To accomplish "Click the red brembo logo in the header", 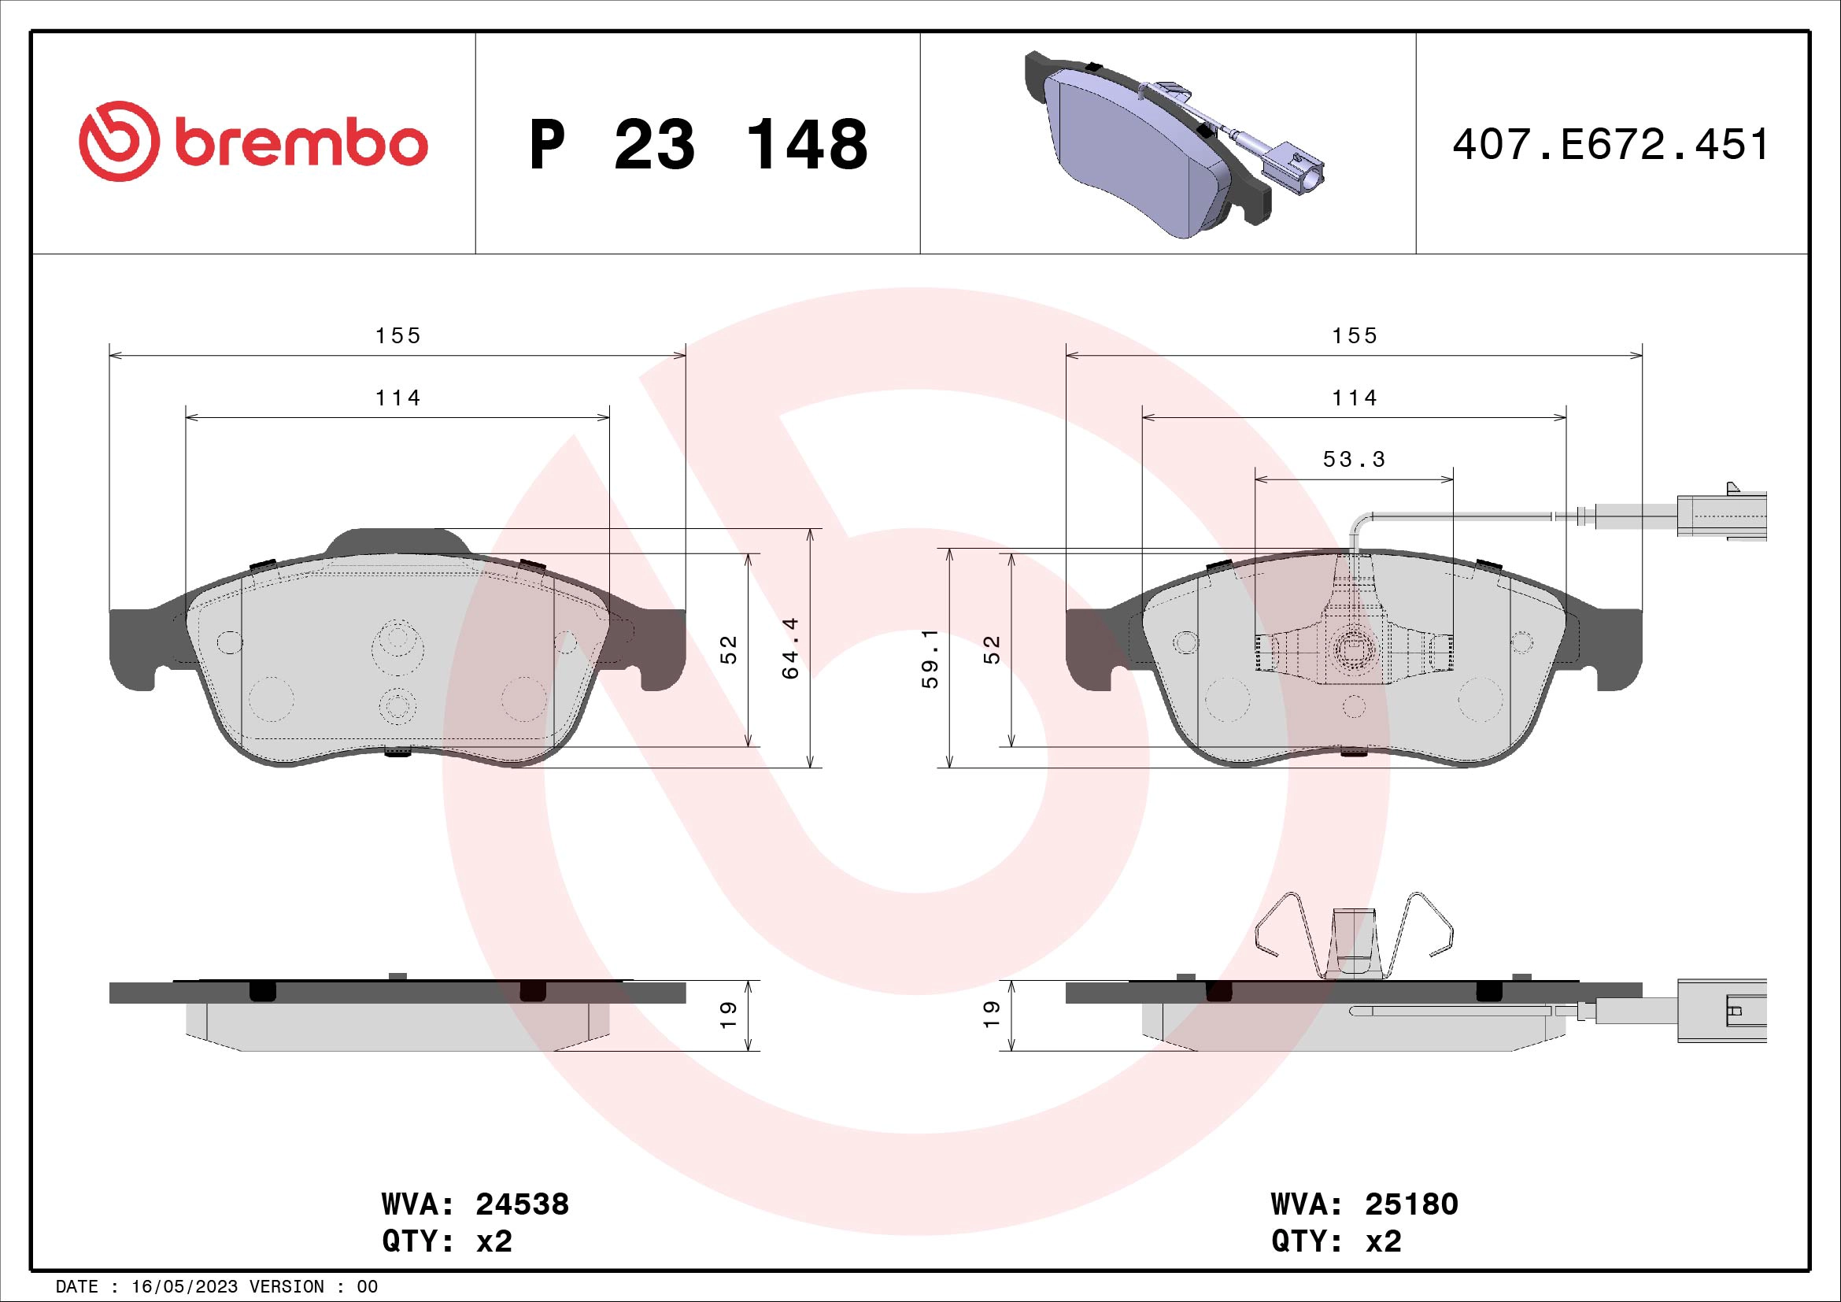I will click(x=253, y=142).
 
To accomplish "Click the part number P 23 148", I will click(x=697, y=145).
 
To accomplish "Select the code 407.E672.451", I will click(x=1610, y=145).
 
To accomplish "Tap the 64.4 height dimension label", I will click(x=790, y=648).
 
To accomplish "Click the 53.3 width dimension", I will click(x=1354, y=460).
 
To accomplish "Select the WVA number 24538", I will click(x=522, y=1204).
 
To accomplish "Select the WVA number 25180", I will click(x=1411, y=1204).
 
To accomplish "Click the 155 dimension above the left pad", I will click(x=397, y=335).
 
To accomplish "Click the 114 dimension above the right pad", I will click(x=1354, y=398).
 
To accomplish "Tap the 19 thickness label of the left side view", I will click(x=728, y=1015).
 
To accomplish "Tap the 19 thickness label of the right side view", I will click(x=992, y=1015).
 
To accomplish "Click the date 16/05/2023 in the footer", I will click(x=184, y=1287).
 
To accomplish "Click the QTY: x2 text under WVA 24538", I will click(x=446, y=1241).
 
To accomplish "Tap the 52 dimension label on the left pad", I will click(x=728, y=649).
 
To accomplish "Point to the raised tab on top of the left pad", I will click(x=397, y=541).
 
